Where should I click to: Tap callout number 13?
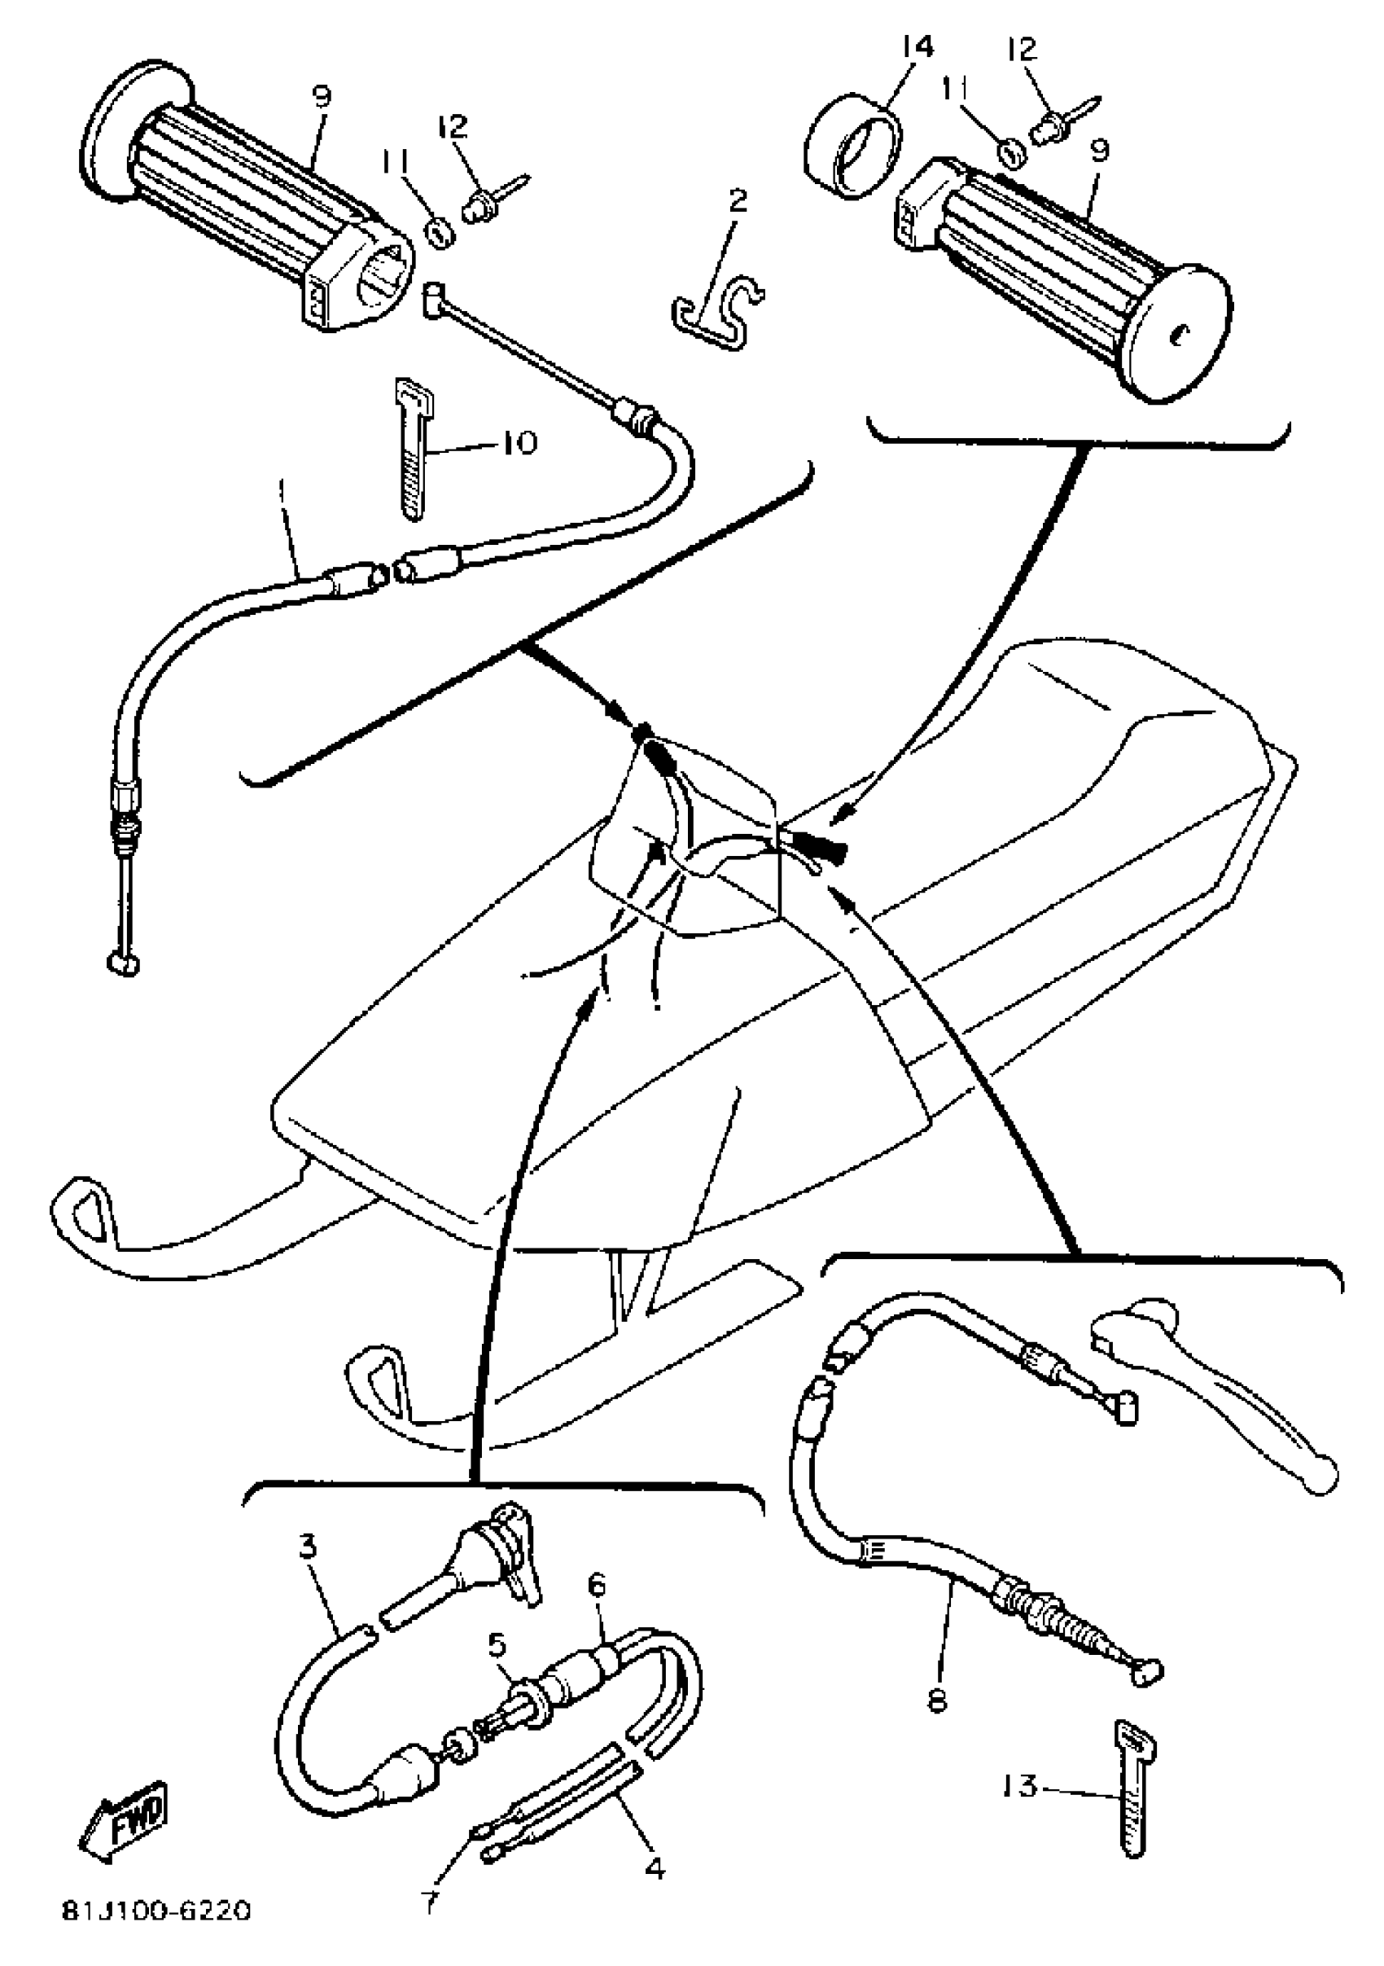[1018, 1787]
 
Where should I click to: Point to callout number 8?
[938, 1698]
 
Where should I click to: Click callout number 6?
[597, 1585]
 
